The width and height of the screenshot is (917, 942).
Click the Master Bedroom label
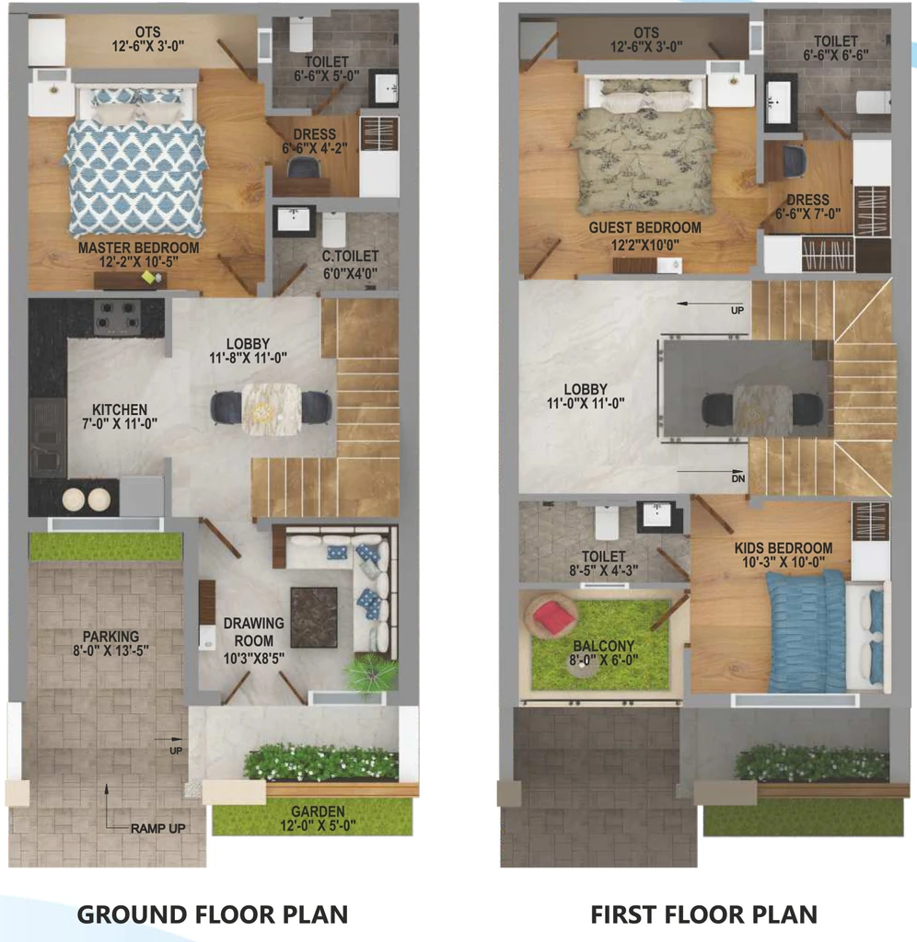139,247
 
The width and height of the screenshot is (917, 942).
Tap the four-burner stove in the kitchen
117,317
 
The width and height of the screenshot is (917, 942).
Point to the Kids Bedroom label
784,548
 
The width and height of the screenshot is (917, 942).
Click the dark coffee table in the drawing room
314,617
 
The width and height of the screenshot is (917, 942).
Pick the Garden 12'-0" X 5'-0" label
318,818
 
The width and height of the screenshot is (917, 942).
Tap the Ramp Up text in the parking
158,829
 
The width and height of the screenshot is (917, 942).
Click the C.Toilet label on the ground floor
351,257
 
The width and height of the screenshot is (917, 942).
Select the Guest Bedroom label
644,228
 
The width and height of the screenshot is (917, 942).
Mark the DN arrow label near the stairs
738,478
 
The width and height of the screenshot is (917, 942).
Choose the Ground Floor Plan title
213,914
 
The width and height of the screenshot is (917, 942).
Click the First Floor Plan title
704,914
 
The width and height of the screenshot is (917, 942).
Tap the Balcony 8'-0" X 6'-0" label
604,653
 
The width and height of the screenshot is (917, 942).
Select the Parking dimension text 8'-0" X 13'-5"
110,650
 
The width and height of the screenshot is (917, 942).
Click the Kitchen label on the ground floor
120,409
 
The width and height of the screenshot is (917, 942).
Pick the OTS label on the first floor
646,32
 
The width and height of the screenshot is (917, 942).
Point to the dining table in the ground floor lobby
272,409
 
